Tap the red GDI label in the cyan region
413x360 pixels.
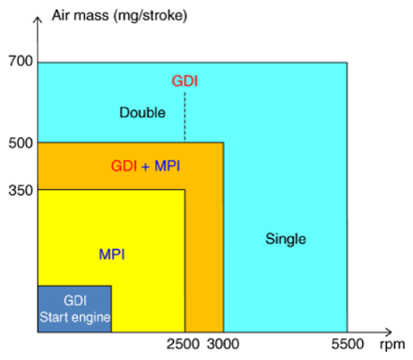[x=185, y=81]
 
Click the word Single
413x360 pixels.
[x=286, y=239]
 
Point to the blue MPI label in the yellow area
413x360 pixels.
[x=112, y=254]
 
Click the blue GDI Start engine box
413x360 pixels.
[x=73, y=308]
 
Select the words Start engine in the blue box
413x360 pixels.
[x=74, y=317]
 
